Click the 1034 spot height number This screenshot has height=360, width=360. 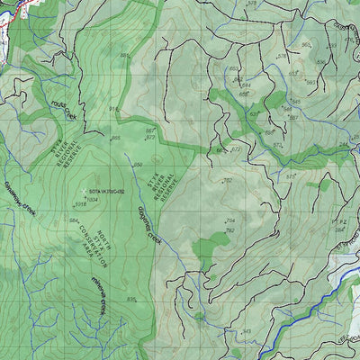(x=92, y=199)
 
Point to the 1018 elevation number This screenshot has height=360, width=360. (x=80, y=204)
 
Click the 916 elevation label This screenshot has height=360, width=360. (x=114, y=109)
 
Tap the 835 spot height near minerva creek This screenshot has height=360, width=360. (x=131, y=299)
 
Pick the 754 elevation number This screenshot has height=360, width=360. (x=229, y=220)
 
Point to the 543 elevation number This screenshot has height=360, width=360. (x=247, y=331)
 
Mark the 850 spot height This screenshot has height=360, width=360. (x=138, y=165)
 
